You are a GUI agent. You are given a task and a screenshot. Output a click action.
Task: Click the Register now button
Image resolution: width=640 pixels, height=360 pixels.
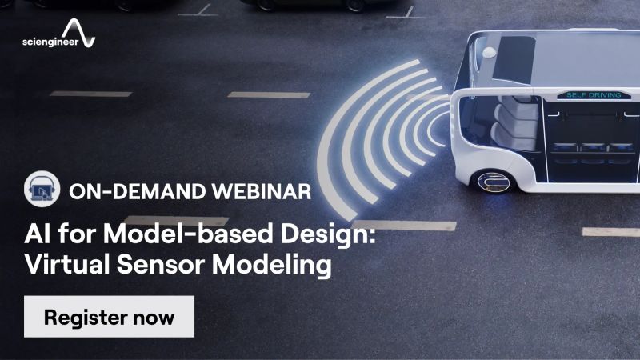(109, 316)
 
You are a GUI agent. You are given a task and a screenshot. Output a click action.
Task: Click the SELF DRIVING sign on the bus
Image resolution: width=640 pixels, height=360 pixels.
(586, 95)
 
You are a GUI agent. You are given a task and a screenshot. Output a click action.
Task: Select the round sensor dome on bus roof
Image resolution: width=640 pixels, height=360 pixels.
(489, 53)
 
